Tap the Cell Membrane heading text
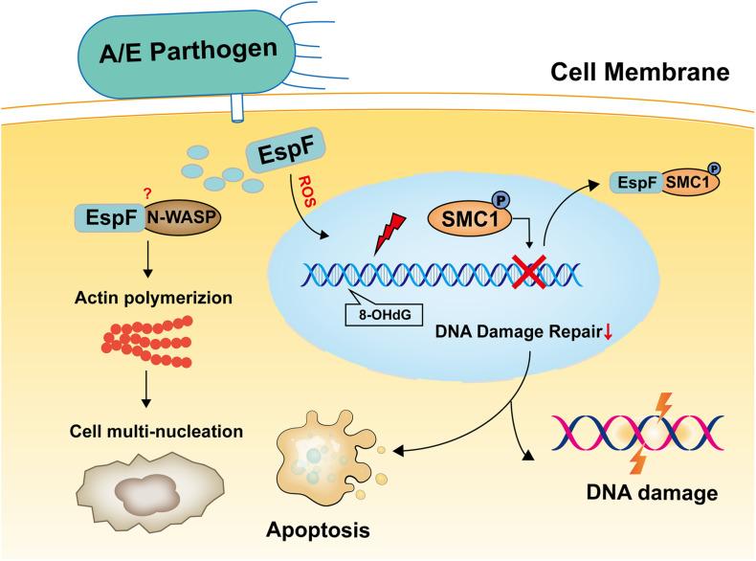tap(638, 71)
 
